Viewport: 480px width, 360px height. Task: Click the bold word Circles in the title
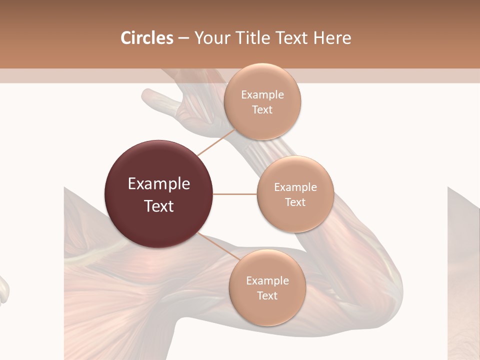[147, 38]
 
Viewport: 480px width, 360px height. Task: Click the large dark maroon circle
[158, 194]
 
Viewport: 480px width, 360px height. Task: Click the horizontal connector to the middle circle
[235, 194]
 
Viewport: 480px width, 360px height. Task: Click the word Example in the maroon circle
[159, 184]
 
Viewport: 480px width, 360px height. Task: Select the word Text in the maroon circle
[159, 206]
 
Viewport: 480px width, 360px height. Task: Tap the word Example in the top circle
[262, 95]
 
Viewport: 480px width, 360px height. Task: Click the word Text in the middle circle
[295, 202]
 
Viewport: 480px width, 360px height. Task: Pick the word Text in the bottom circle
[267, 295]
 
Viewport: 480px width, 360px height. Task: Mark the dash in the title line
[183, 38]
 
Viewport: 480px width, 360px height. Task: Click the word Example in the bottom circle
[267, 281]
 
